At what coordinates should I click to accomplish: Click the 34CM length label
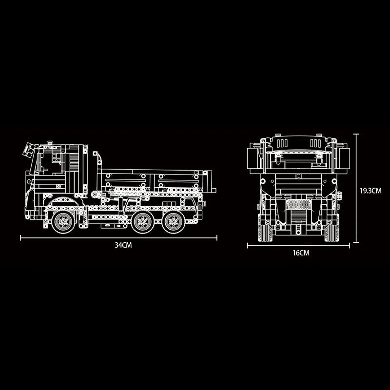[123, 245]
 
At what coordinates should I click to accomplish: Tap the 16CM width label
[301, 253]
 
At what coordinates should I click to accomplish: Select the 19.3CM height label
[370, 191]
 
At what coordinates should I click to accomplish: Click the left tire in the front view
[265, 233]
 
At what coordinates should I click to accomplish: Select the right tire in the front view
[331, 233]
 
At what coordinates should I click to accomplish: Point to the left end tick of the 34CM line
[20, 238]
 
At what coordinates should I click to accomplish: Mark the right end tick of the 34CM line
[217, 238]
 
